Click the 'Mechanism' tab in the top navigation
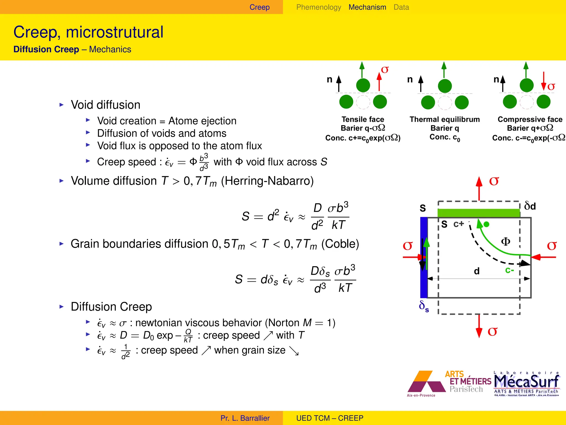click(x=367, y=7)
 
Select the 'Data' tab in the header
click(x=401, y=7)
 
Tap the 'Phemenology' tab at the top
click(x=318, y=7)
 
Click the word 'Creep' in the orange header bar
click(x=259, y=7)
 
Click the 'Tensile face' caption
click(x=363, y=119)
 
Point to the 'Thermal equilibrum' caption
click(x=444, y=119)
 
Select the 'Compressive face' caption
click(x=530, y=119)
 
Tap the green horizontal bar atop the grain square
click(x=479, y=213)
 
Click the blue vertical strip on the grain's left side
click(x=423, y=257)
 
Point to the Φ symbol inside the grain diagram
click(x=505, y=242)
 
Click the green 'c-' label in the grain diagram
click(x=509, y=270)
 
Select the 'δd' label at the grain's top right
click(x=530, y=206)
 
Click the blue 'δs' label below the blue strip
click(x=424, y=306)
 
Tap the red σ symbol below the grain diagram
click(x=492, y=331)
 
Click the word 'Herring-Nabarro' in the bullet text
click(x=267, y=181)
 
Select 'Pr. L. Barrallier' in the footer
click(x=245, y=418)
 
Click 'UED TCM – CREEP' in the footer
click(x=330, y=418)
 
